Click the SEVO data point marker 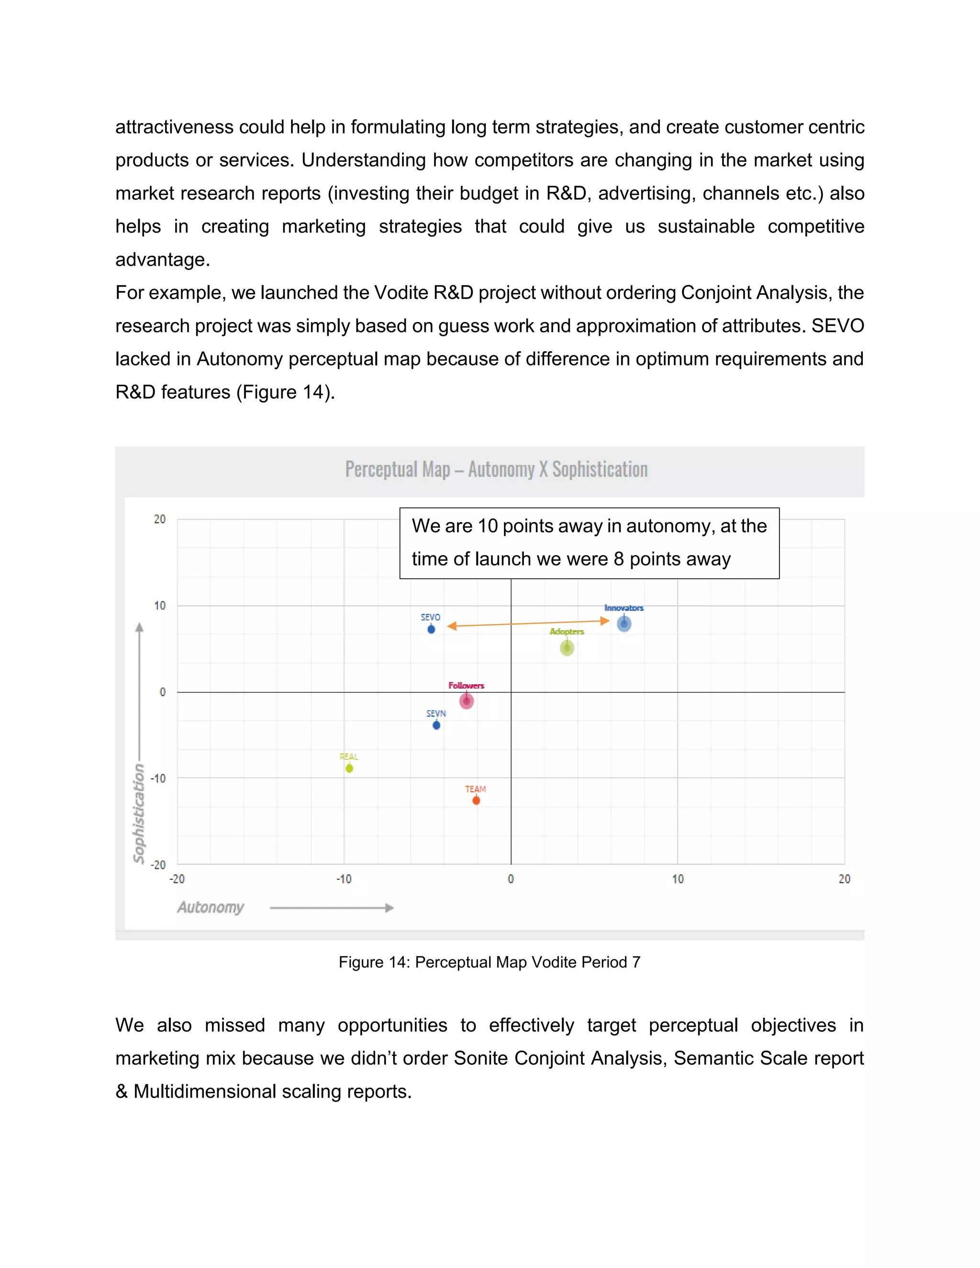[431, 629]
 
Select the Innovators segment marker [624, 624]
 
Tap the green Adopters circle [567, 648]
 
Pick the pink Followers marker [467, 701]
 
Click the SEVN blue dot [436, 725]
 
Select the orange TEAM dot [476, 801]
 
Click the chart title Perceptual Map [496, 469]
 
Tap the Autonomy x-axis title [211, 907]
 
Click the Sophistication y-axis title [139, 813]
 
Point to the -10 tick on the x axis [344, 879]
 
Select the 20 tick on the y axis [160, 519]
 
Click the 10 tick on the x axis [678, 879]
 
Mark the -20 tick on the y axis [158, 865]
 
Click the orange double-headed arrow [528, 623]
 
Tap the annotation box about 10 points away [589, 543]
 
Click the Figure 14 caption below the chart [490, 962]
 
